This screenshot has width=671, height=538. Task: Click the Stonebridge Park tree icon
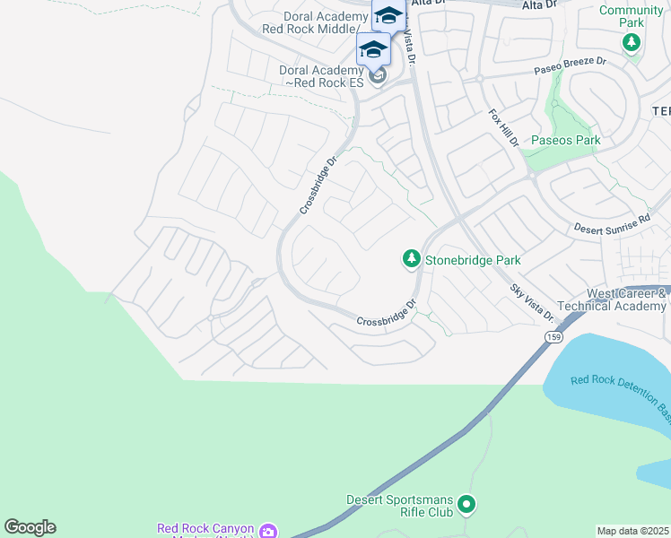(411, 259)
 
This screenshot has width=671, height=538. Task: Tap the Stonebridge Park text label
(473, 260)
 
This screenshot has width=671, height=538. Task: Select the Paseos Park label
(565, 141)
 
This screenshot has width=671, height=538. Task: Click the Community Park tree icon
(632, 42)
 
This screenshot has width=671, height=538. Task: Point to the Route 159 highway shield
(553, 336)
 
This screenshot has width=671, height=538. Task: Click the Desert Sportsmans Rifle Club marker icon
(466, 506)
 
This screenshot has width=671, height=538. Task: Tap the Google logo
(30, 527)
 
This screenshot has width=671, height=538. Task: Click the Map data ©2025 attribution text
(633, 531)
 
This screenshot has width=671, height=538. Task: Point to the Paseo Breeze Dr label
(571, 65)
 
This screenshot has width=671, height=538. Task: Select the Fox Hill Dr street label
(503, 127)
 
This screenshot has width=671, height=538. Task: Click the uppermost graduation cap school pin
(388, 15)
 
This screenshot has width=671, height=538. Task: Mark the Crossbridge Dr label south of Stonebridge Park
(388, 314)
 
